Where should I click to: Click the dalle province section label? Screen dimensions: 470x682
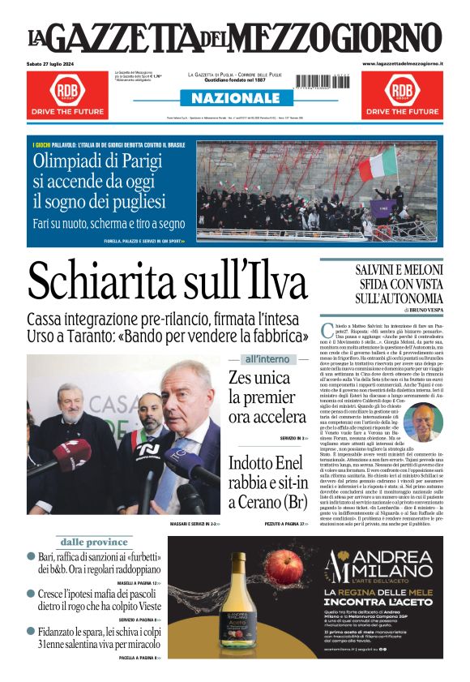pos(94,541)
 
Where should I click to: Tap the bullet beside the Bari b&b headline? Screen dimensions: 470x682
pos(31,557)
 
